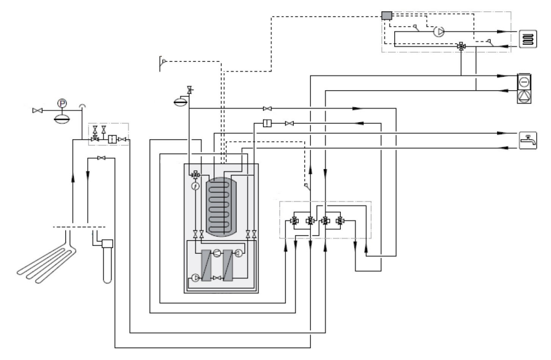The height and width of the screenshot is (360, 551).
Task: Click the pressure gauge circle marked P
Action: (62, 103)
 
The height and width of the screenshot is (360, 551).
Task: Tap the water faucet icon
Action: (528, 140)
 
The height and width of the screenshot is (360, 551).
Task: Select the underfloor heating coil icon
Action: (528, 39)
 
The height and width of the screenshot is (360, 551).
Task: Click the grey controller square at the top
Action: (386, 15)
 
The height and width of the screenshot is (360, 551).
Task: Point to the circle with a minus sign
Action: (524, 82)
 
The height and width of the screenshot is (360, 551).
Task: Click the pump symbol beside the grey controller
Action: (439, 32)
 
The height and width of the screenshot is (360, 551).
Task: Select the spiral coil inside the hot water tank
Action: (220, 207)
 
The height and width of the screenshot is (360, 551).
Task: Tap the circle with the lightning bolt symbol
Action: (195, 186)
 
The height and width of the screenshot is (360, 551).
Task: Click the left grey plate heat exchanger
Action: (206, 265)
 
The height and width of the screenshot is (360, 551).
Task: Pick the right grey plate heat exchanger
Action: (228, 265)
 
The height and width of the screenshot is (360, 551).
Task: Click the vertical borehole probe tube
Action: (107, 261)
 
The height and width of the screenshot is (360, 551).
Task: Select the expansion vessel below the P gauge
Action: (62, 118)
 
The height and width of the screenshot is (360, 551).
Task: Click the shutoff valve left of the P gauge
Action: (37, 111)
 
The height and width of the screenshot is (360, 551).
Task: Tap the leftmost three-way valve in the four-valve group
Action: (294, 221)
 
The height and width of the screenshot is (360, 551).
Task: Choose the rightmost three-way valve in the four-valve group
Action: (340, 221)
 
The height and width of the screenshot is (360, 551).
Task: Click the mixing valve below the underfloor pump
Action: (461, 46)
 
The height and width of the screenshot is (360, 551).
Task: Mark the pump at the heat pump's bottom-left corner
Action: (195, 278)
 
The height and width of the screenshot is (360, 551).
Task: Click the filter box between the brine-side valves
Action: (112, 140)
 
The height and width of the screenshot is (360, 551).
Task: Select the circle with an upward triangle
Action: (524, 96)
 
